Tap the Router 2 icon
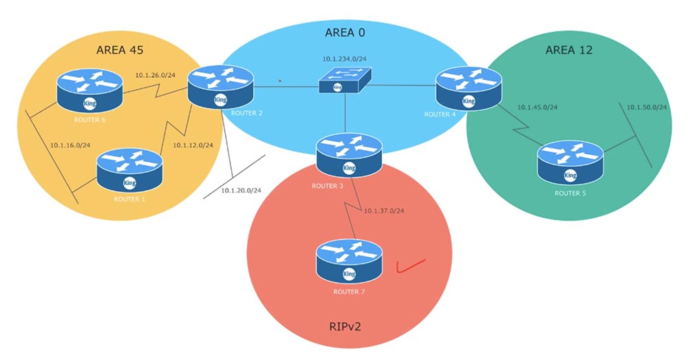tap(219, 87)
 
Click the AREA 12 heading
tap(569, 50)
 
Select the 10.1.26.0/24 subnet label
tap(155, 75)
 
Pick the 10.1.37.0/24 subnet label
tap(384, 210)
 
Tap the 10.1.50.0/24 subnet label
tap(647, 107)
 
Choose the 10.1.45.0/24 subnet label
tap(537, 107)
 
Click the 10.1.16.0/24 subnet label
tap(70, 145)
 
